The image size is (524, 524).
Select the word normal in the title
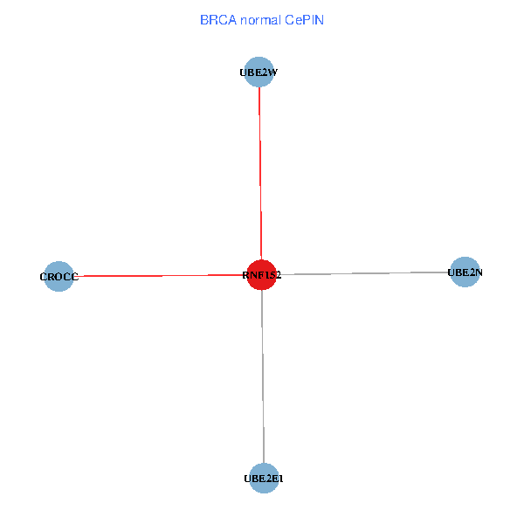(x=258, y=19)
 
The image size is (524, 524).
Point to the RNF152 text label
(x=261, y=275)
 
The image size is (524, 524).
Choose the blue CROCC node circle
(x=59, y=276)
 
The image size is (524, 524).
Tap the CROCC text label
(x=59, y=277)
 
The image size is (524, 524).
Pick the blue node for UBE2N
(x=465, y=272)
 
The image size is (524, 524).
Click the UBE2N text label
(x=465, y=272)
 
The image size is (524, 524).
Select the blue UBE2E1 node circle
(x=263, y=477)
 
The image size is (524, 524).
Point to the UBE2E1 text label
(x=263, y=479)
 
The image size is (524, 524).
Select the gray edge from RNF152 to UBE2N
(x=367, y=273)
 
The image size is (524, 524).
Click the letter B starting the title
(x=203, y=19)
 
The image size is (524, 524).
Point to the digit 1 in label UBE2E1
(x=280, y=479)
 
